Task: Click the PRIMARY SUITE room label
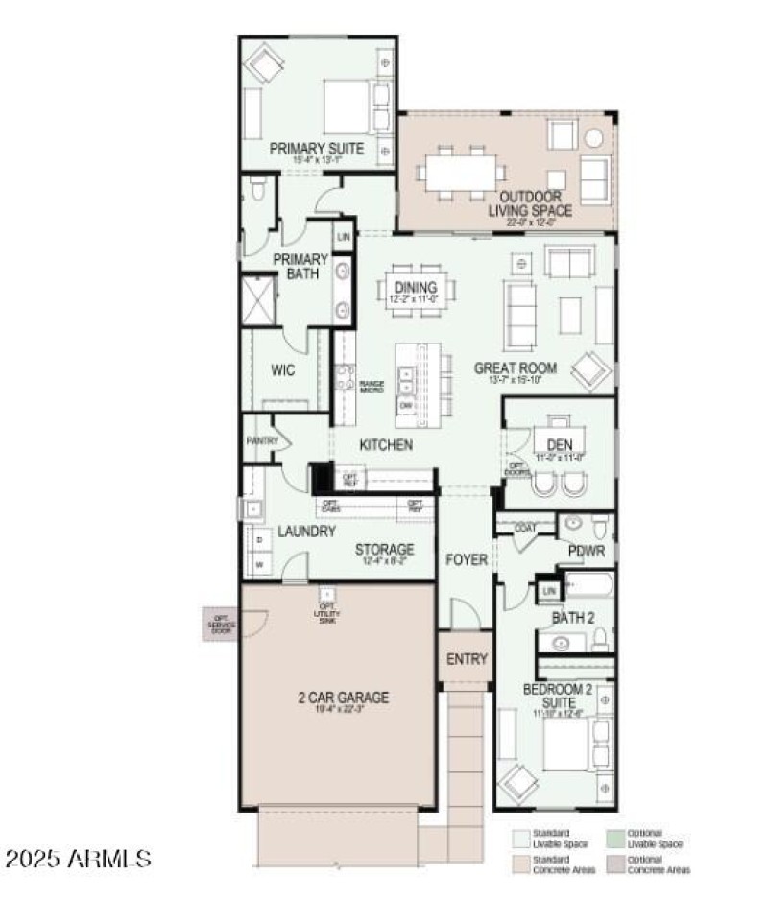(x=316, y=148)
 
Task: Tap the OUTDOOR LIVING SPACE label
(x=530, y=203)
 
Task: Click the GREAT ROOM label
(x=516, y=367)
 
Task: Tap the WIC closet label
(x=282, y=370)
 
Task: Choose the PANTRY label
(x=261, y=441)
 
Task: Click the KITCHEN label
(x=386, y=445)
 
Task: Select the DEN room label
(x=559, y=444)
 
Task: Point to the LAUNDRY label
(x=306, y=532)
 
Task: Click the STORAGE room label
(x=384, y=550)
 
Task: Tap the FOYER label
(x=467, y=559)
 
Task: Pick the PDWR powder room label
(x=586, y=553)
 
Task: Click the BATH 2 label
(x=573, y=618)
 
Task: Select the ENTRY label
(x=467, y=659)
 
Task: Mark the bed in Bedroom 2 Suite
(x=566, y=745)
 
